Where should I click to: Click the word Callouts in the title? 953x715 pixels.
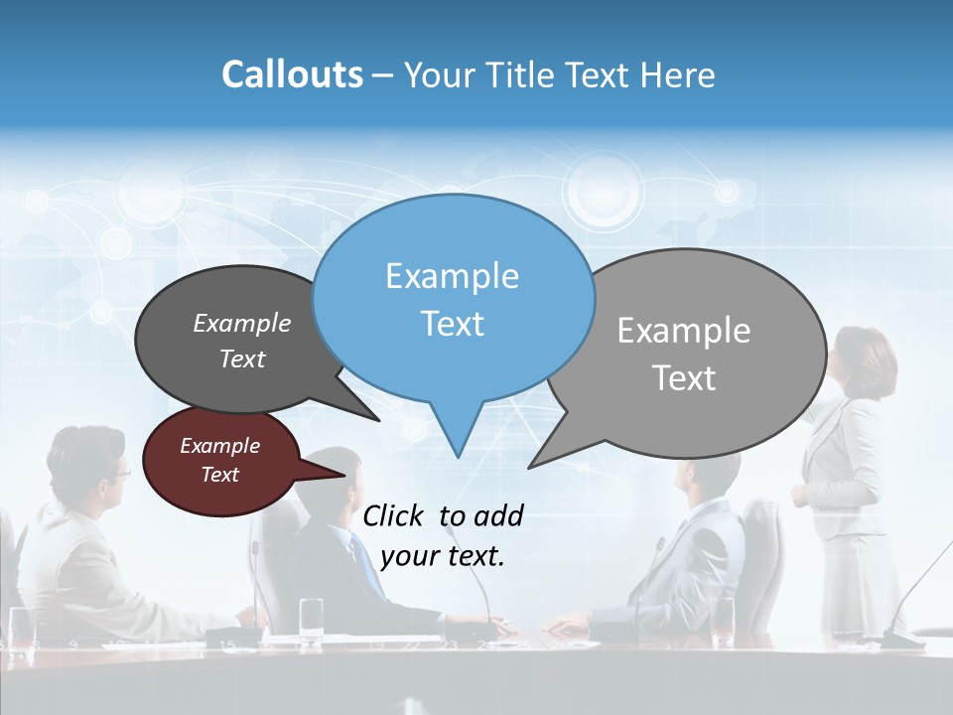click(292, 74)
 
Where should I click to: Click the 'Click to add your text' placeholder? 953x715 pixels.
click(443, 535)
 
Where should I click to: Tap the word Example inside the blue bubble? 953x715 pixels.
click(452, 276)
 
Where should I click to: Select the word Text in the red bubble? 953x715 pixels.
click(219, 475)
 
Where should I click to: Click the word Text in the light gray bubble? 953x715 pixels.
click(684, 378)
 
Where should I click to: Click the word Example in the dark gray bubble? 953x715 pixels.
click(242, 324)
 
